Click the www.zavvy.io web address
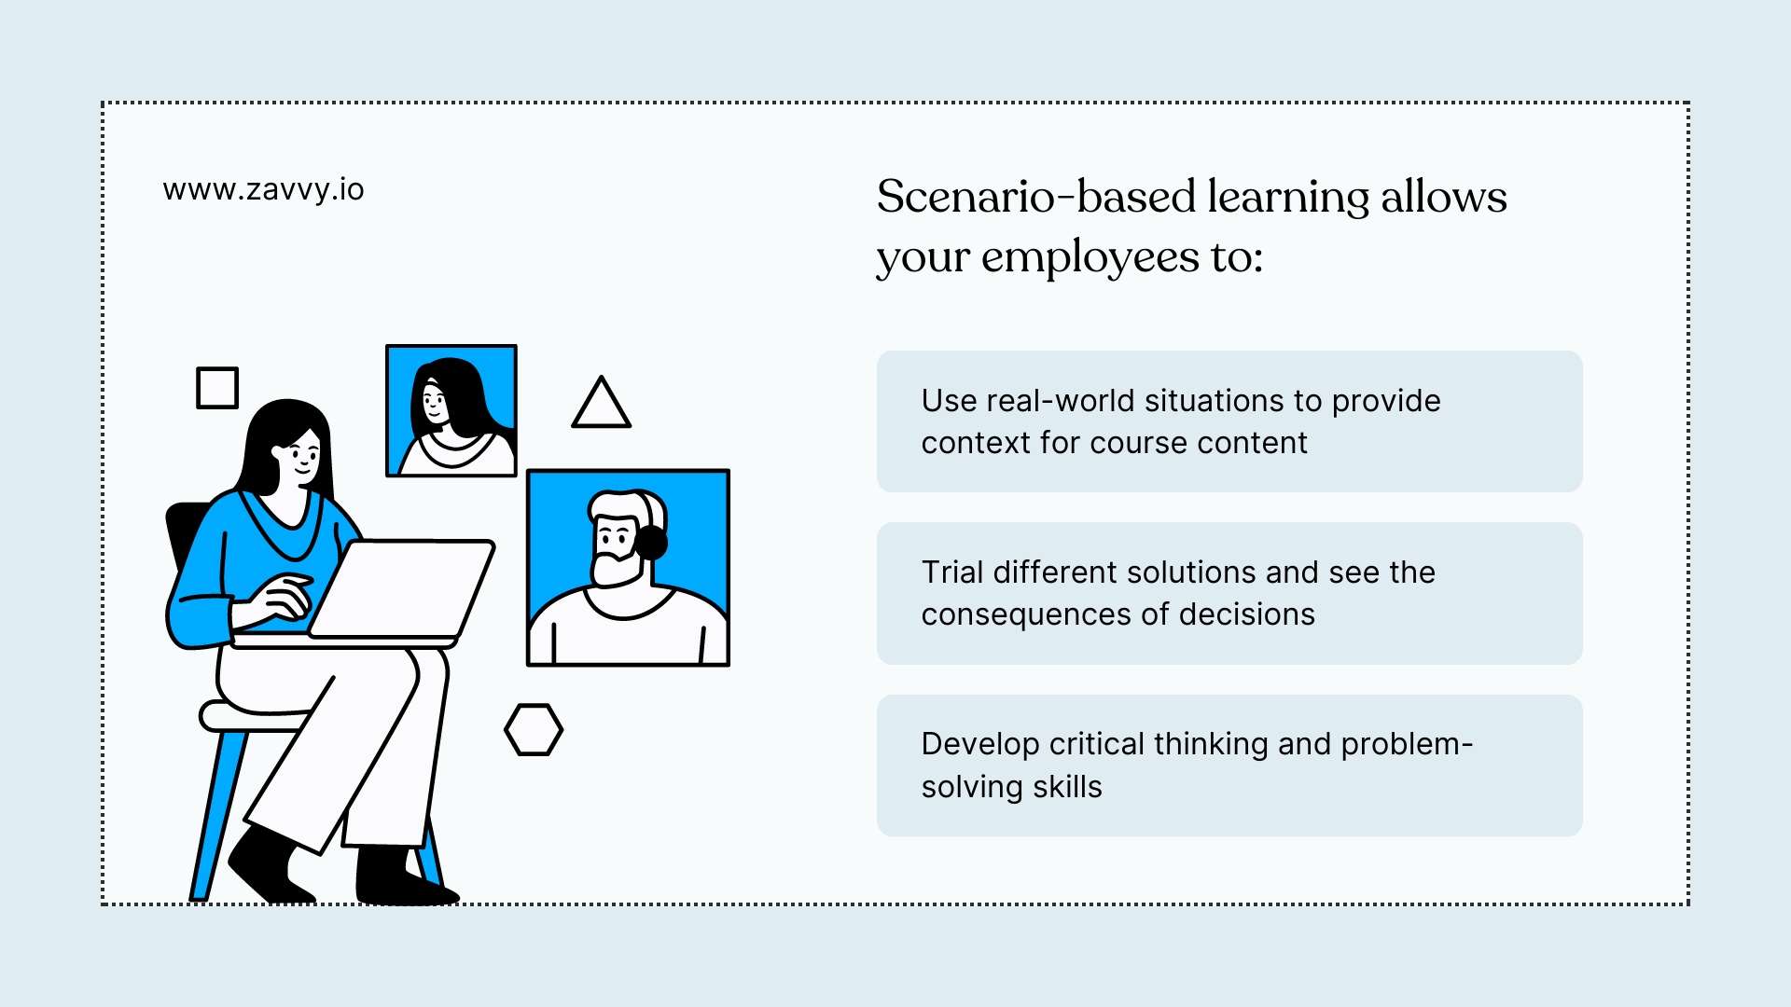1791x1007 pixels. click(x=263, y=189)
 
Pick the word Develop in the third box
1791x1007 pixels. click(x=979, y=744)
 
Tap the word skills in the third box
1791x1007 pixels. click(x=1067, y=787)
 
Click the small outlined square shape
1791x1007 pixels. click(x=217, y=388)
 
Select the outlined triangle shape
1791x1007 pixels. click(x=601, y=406)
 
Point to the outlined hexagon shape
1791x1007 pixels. click(x=534, y=729)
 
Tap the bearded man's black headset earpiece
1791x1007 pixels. click(x=651, y=542)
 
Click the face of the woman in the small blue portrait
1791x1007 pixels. click(x=435, y=403)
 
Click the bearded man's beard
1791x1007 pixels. click(x=616, y=567)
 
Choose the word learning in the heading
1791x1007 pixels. click(x=1288, y=197)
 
